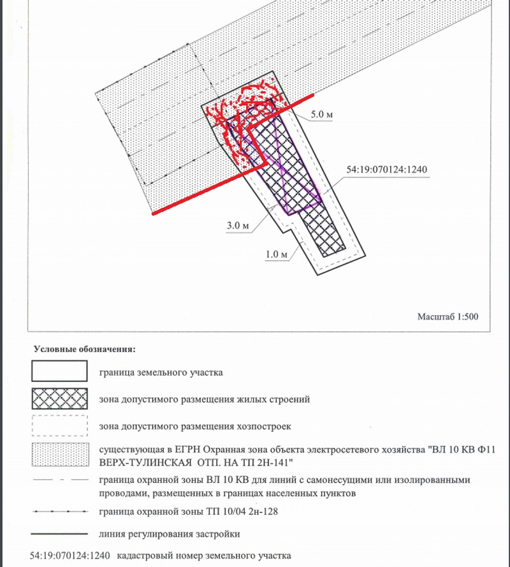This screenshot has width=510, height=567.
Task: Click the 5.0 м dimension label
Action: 323,114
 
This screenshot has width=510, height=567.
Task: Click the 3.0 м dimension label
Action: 237,225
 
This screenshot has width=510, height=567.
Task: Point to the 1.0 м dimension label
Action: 277,254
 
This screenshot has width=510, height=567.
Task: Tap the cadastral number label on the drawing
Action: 386,170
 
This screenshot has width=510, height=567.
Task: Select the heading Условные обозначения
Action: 84,350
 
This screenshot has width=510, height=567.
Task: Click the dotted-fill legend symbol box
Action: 59,455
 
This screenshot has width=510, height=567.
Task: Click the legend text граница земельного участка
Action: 161,371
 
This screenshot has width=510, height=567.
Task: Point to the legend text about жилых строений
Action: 205,400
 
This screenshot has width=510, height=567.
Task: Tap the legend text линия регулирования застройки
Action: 170,534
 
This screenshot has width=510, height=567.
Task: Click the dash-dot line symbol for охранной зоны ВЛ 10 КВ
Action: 59,480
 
